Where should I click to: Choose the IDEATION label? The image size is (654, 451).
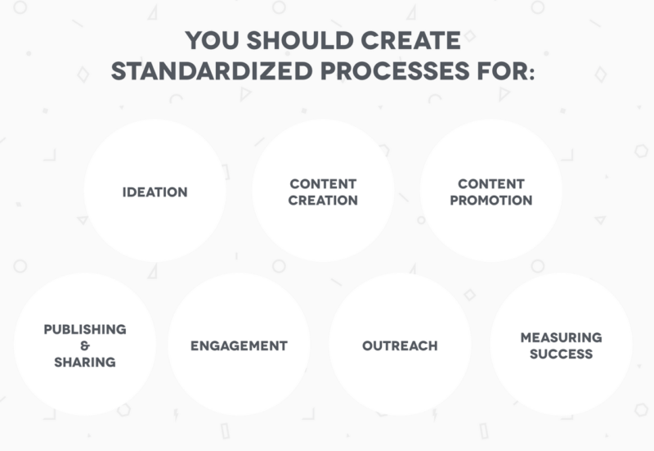(x=155, y=192)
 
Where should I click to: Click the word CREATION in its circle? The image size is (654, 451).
(x=323, y=200)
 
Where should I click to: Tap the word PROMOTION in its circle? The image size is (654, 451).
(x=490, y=200)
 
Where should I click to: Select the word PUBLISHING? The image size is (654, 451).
(x=85, y=329)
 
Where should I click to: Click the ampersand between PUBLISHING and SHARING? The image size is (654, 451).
(x=85, y=345)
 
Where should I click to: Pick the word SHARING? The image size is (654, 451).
(x=85, y=362)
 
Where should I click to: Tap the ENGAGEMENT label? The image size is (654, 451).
(x=239, y=345)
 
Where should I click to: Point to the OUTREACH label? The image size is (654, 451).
(x=400, y=345)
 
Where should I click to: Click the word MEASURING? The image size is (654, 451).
(x=561, y=337)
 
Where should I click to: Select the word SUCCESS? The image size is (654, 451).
(x=561, y=354)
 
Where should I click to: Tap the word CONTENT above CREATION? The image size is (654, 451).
(x=323, y=183)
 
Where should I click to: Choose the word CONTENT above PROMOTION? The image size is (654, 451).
(x=490, y=183)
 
